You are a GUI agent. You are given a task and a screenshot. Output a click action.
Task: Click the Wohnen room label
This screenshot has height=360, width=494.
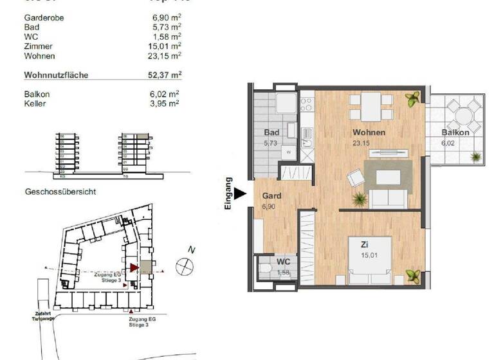pyautogui.click(x=369, y=132)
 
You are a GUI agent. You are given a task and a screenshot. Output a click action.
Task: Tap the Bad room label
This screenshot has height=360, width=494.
pyautogui.click(x=271, y=133)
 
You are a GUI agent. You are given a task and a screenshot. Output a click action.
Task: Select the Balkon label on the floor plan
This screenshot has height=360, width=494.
pyautogui.click(x=455, y=132)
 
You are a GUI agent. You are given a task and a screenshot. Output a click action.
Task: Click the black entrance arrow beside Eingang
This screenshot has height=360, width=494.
pyautogui.click(x=240, y=193)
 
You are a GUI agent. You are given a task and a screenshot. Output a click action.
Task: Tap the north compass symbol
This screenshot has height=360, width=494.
pyautogui.click(x=185, y=264)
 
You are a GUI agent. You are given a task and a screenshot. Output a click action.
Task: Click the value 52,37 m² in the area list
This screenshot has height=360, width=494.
pyautogui.click(x=163, y=75)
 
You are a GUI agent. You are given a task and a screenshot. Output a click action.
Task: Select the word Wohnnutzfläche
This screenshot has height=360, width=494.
pyautogui.click(x=56, y=75)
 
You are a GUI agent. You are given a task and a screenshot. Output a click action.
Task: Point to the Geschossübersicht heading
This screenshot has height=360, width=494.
pyautogui.click(x=60, y=192)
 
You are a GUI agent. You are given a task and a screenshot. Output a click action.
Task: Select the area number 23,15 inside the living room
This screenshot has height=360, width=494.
pyautogui.click(x=361, y=143)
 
